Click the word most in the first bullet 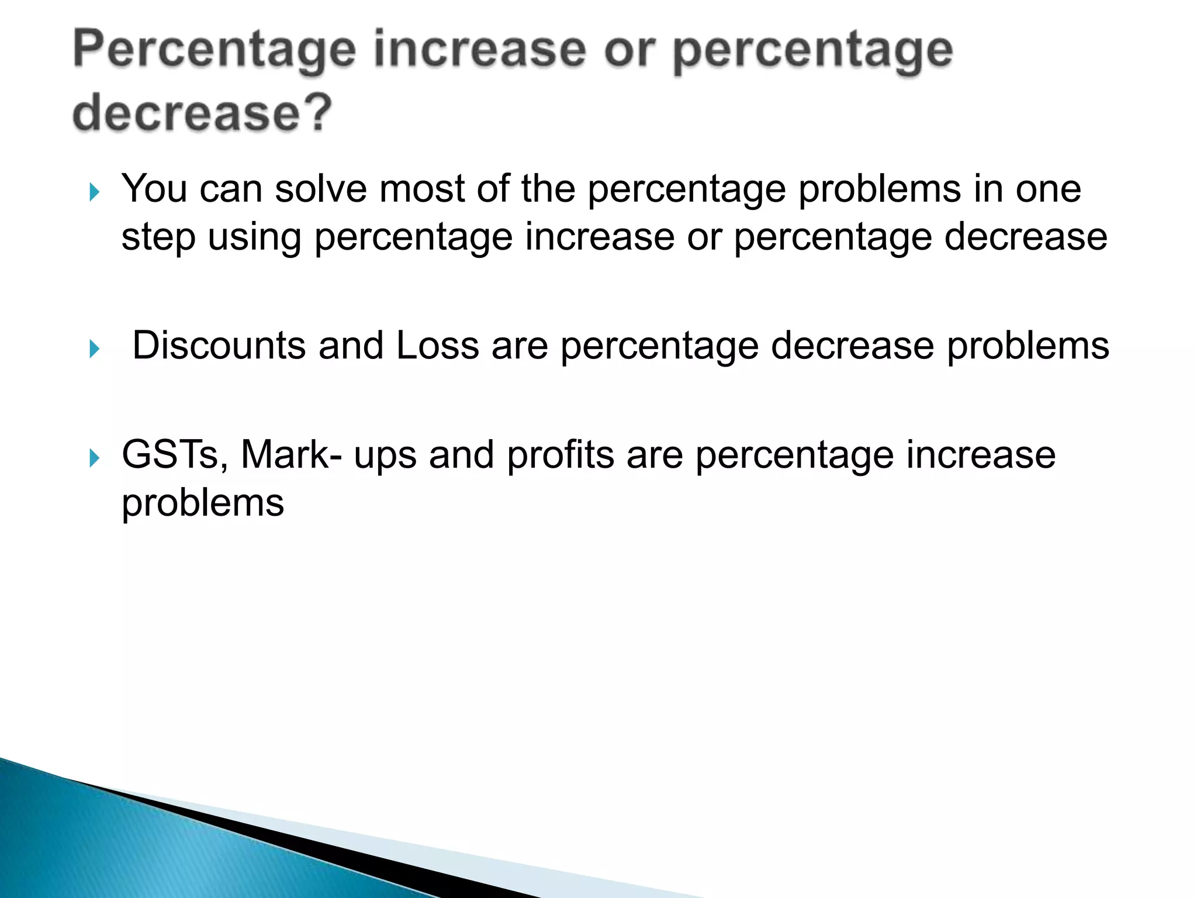pos(421,189)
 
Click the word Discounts pos(219,345)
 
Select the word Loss pos(437,345)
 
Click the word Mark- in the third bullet pos(292,454)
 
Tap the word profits pos(560,454)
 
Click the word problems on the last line pos(203,503)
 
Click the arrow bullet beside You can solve pos(95,192)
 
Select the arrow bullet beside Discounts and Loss pos(95,349)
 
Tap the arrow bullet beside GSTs pos(95,458)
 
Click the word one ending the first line pos(1048,189)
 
